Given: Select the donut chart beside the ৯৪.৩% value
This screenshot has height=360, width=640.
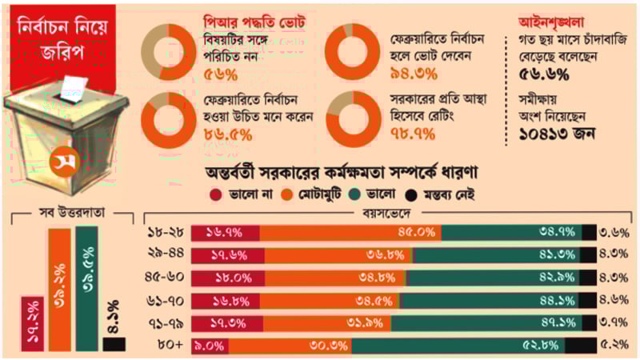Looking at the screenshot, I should pyautogui.click(x=351, y=48).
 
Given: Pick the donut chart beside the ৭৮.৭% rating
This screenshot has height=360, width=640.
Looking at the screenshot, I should pyautogui.click(x=351, y=116).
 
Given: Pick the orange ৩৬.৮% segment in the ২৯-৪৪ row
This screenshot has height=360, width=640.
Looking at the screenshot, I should pyautogui.click(x=336, y=255).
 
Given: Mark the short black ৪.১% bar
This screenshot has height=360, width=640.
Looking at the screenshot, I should pyautogui.click(x=114, y=343).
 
